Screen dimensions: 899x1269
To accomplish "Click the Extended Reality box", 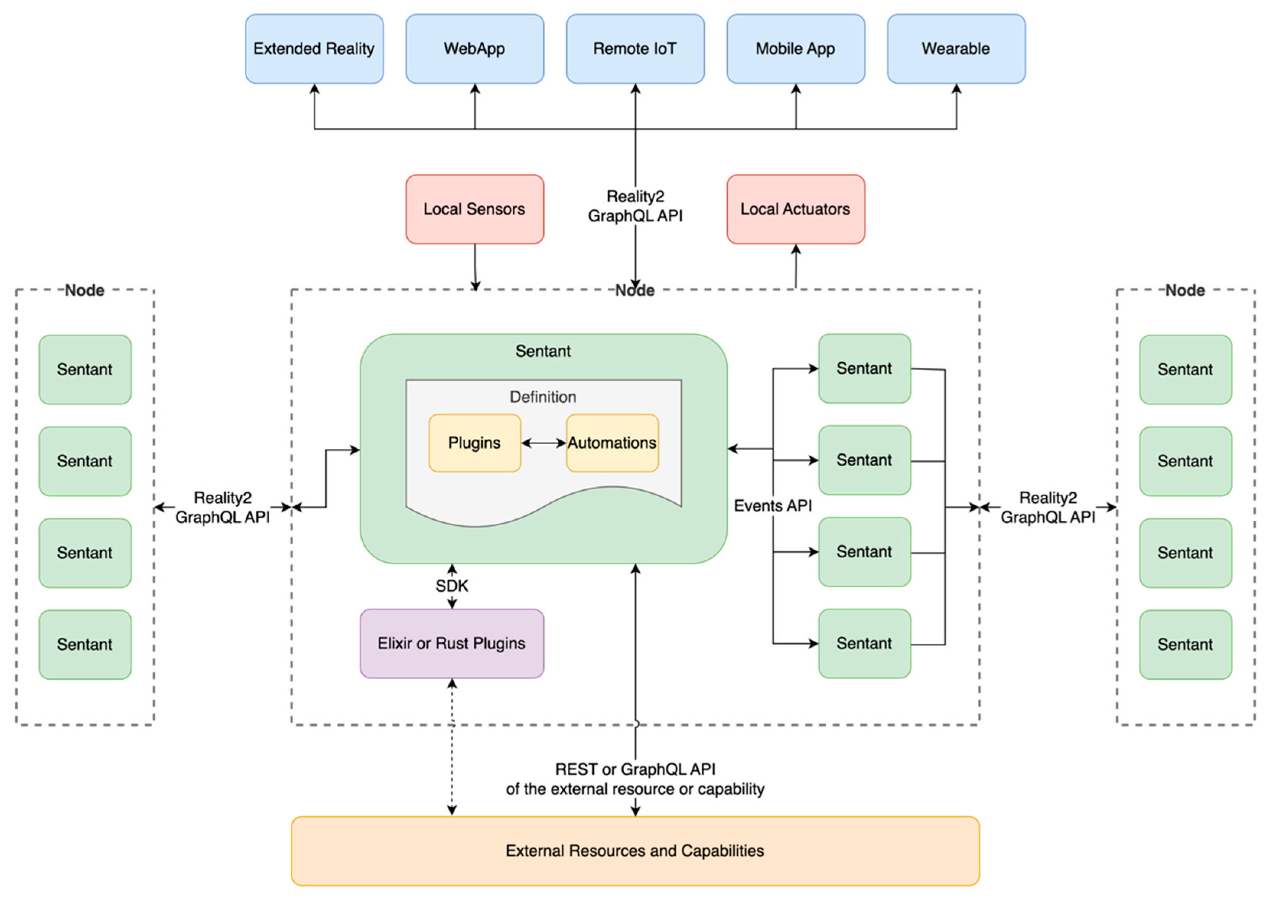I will click(314, 49).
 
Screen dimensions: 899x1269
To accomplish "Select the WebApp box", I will click(474, 49).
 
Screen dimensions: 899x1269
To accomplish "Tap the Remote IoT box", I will click(635, 49).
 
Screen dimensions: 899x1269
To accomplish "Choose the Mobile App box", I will click(796, 49).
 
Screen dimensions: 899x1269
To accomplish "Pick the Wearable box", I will click(956, 49).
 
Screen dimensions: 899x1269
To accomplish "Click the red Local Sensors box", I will click(474, 209).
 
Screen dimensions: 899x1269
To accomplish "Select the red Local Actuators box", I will click(796, 209).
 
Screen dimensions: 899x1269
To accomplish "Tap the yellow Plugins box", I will click(474, 443).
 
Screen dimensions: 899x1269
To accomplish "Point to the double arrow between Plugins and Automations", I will click(543, 443).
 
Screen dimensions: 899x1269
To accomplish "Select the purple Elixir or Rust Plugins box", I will click(452, 643).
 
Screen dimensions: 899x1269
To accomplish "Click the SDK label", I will click(452, 586).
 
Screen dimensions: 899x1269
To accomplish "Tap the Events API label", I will click(773, 505).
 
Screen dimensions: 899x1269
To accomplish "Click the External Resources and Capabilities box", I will click(635, 851).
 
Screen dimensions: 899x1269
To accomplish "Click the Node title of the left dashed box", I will click(85, 290).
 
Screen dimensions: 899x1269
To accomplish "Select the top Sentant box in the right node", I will click(1185, 369).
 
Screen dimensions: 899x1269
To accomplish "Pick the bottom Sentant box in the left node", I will click(85, 644).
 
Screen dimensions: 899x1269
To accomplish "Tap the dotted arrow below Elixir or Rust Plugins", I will click(452, 748).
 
